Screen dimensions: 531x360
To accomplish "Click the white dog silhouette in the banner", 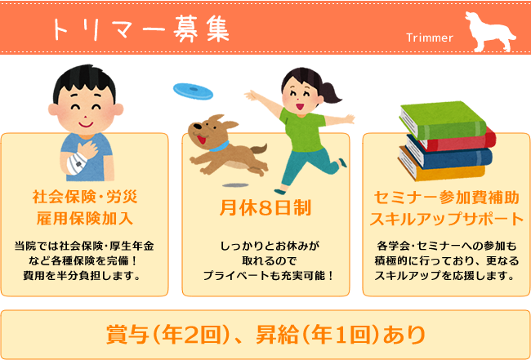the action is [x=489, y=33].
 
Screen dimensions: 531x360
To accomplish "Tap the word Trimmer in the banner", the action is [x=430, y=38].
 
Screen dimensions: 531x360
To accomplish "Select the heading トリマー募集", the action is [x=141, y=29].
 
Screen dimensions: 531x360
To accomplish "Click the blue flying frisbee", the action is [x=193, y=91].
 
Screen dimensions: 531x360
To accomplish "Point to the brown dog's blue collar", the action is [x=219, y=146].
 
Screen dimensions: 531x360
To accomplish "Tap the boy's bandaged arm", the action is [x=76, y=162].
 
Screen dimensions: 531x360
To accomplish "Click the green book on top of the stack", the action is [x=443, y=120].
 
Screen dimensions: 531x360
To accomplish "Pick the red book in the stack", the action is [x=457, y=140].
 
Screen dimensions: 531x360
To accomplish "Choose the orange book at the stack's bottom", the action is [x=442, y=167].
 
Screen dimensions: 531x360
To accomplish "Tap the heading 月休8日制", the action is [x=265, y=207].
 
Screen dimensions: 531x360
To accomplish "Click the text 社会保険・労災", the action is [x=85, y=197].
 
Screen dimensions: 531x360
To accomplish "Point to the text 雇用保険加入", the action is [x=85, y=218].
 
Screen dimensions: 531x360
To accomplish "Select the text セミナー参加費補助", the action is [x=446, y=198].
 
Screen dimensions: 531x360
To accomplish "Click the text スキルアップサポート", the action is [x=446, y=219].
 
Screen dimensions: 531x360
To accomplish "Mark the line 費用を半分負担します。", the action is [x=82, y=276].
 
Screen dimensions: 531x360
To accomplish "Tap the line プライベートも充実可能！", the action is [x=268, y=276].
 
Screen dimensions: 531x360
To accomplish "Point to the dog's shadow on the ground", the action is [x=235, y=185].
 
